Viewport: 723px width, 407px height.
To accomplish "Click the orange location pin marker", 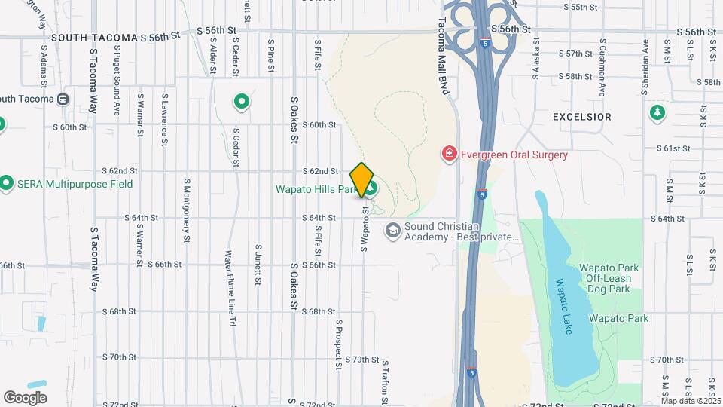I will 362,179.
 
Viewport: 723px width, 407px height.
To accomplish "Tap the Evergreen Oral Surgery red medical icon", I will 450,155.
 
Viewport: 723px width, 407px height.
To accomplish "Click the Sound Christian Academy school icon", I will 392,230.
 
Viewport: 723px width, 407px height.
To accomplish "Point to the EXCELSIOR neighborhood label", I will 581,117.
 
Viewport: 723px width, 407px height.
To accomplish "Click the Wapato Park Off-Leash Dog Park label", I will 609,279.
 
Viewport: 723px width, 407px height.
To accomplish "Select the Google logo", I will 26,397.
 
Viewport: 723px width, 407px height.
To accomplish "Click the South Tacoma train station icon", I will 63,99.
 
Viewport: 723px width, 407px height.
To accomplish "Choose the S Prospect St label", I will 340,343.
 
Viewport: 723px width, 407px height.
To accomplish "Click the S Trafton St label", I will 383,377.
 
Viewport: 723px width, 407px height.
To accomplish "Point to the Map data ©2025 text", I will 691,401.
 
